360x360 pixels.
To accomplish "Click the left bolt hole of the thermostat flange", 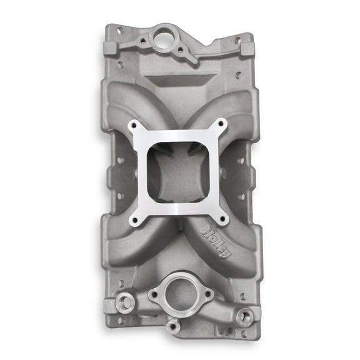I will tap(153, 292).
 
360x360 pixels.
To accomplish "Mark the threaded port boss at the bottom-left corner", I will tap(126, 301).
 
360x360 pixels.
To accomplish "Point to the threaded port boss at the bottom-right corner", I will tap(244, 316).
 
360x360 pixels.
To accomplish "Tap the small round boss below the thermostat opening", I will tap(173, 324).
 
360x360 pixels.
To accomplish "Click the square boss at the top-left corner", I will tap(111, 48).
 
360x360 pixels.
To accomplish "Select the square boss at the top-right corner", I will tap(246, 49).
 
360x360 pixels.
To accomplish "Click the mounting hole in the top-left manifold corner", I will tap(119, 30).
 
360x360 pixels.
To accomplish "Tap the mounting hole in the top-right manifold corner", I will tap(238, 40).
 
